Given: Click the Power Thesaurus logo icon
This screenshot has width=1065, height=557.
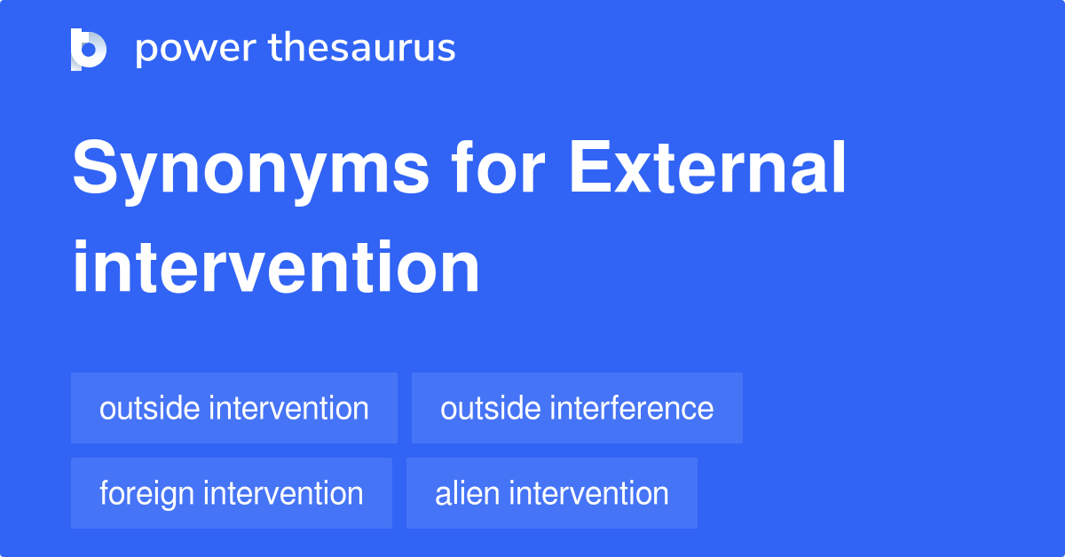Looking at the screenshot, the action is click(89, 50).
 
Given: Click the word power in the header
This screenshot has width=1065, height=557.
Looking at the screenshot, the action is click(196, 50).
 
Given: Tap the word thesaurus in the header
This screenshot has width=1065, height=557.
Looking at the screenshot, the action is click(362, 47).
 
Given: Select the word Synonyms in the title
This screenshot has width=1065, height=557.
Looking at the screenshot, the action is click(250, 170).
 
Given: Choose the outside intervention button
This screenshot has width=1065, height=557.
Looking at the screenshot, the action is click(234, 408).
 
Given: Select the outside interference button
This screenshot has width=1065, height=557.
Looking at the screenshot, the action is click(577, 408).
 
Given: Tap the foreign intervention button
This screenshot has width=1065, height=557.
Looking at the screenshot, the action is click(232, 493).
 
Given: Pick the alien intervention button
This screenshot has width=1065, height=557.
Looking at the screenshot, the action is click(552, 493).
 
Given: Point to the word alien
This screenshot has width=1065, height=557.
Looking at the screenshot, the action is click(467, 493).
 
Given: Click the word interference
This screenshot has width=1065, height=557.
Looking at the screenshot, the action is click(631, 408).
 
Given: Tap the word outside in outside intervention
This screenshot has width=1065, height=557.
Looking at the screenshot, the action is click(149, 408).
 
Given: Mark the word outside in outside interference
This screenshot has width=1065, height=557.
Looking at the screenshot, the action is click(490, 408).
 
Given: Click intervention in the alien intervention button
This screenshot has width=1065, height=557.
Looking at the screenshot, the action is click(588, 493).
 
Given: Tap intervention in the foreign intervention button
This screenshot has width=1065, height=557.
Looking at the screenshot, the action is click(283, 493).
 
